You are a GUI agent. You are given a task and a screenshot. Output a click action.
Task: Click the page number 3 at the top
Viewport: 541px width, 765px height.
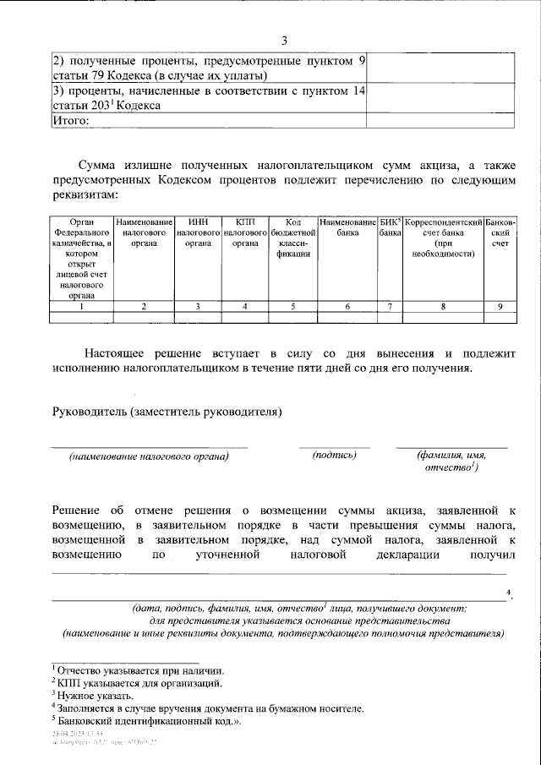tap(285, 41)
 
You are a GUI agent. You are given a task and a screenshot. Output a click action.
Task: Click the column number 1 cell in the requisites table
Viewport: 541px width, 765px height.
tap(81, 307)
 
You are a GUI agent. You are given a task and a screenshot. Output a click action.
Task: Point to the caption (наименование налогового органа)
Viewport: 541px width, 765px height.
tap(150, 456)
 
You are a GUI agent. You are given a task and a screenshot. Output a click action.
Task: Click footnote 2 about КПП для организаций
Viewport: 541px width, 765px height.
tap(138, 682)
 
